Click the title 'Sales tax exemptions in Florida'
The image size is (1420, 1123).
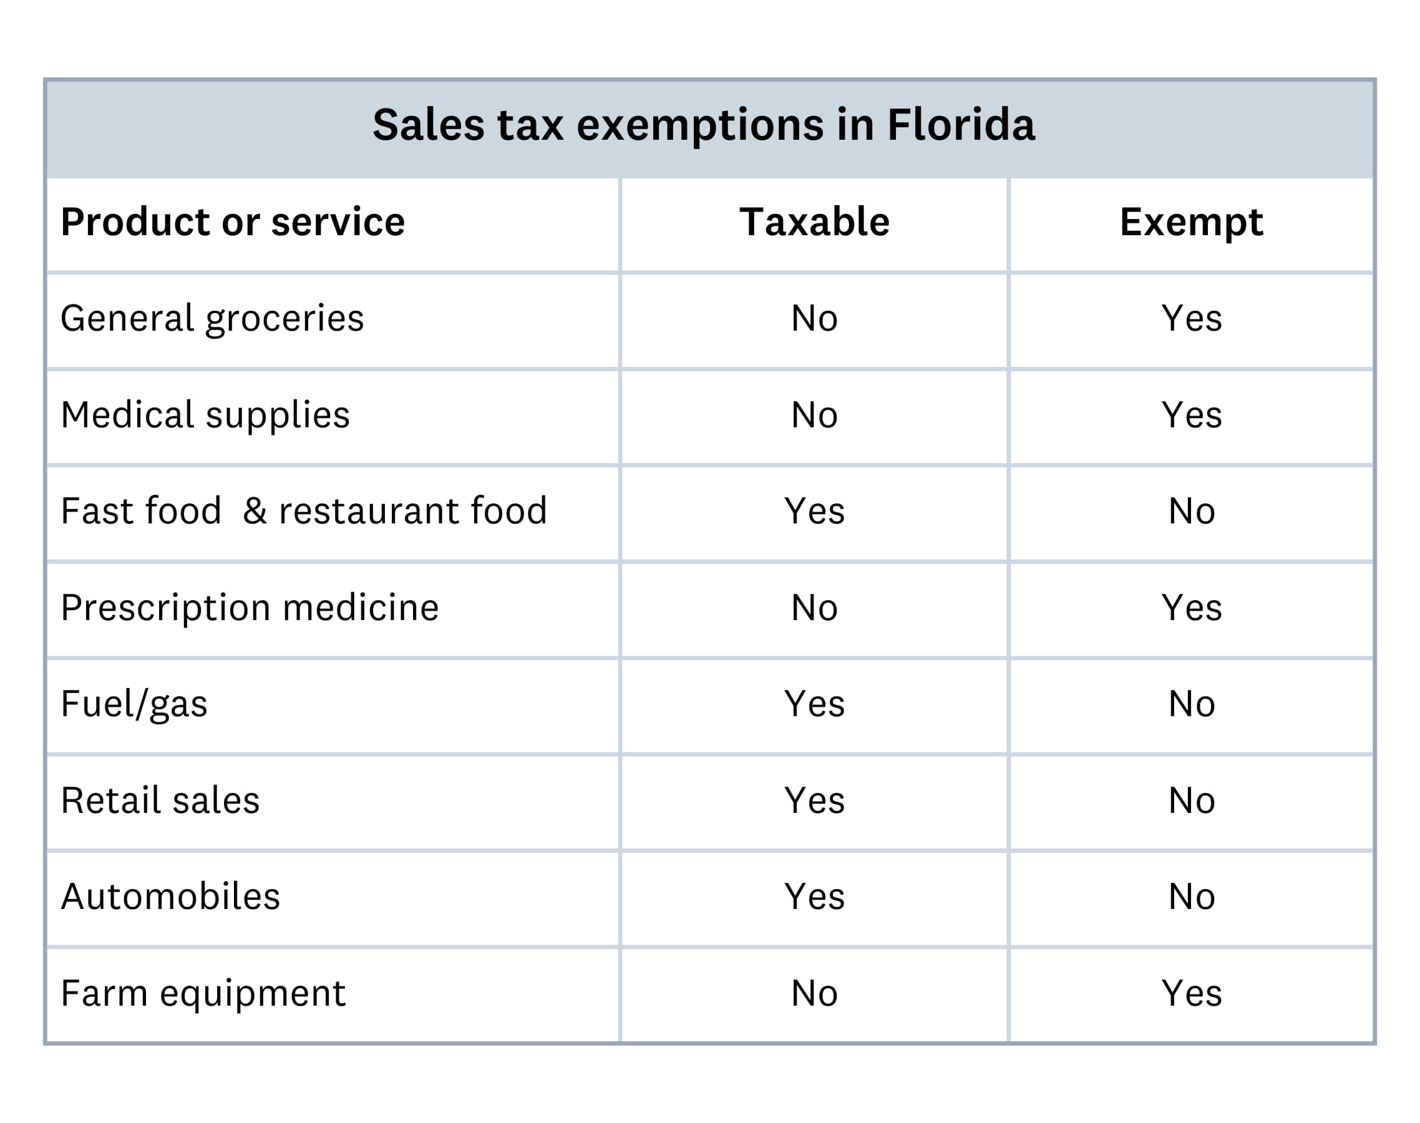pyautogui.click(x=703, y=125)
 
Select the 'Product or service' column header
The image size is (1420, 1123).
pyautogui.click(x=233, y=222)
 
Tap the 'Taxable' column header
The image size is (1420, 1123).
pyautogui.click(x=814, y=222)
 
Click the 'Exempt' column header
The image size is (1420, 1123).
pyautogui.click(x=1190, y=222)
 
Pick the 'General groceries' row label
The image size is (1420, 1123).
pyautogui.click(x=212, y=319)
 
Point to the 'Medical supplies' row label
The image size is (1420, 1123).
pyautogui.click(x=205, y=416)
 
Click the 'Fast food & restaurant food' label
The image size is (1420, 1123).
pyautogui.click(x=304, y=512)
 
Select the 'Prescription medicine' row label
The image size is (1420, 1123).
pyautogui.click(x=250, y=608)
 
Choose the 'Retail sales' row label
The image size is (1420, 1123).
pyautogui.click(x=160, y=801)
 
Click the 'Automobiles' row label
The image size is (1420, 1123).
pyautogui.click(x=170, y=897)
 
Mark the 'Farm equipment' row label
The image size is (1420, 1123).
pyautogui.click(x=203, y=993)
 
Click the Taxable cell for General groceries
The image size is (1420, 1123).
pyautogui.click(x=814, y=319)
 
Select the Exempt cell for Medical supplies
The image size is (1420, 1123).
pyautogui.click(x=1190, y=416)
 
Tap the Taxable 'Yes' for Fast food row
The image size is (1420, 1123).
pyautogui.click(x=814, y=512)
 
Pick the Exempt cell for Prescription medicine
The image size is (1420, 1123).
pyautogui.click(x=1190, y=608)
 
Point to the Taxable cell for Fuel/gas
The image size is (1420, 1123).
pyautogui.click(x=814, y=704)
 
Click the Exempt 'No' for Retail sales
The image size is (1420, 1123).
pyautogui.click(x=1190, y=801)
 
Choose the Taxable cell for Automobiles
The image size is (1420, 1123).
pyautogui.click(x=814, y=897)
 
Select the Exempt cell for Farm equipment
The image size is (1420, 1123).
pyautogui.click(x=1190, y=993)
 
